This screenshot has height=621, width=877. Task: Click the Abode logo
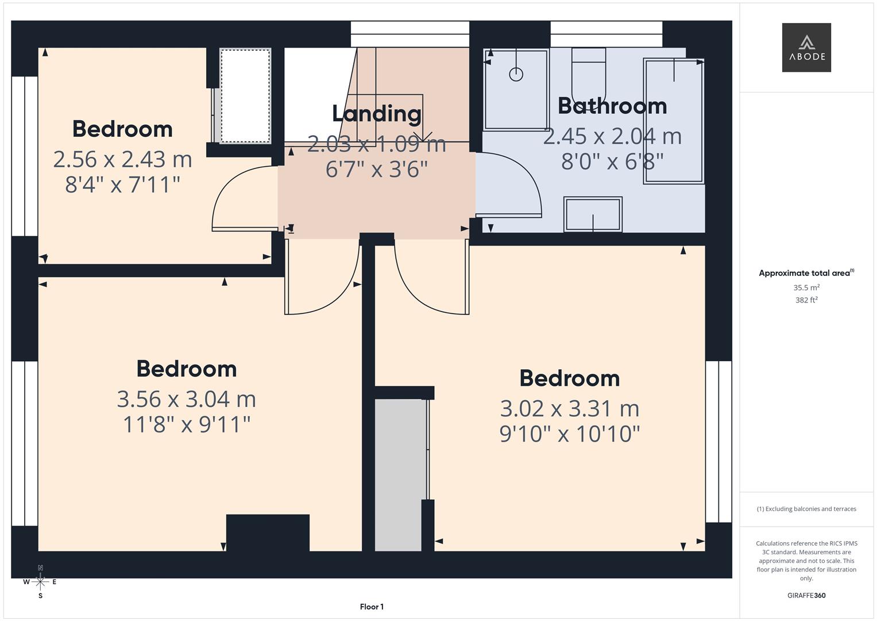coord(806,47)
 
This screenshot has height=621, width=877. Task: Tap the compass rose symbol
coord(40,581)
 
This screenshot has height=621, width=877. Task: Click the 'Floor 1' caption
coord(372,607)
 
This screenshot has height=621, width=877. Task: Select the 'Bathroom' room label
coord(612,106)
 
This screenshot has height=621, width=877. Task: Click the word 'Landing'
coord(377,113)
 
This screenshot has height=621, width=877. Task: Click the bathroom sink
coord(593,214)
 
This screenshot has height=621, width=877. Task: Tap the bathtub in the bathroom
coord(674,121)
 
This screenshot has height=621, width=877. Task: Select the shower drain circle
coord(516,74)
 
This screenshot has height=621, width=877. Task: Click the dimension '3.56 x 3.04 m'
coord(186,398)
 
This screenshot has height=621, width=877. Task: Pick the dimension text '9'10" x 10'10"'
coord(569,434)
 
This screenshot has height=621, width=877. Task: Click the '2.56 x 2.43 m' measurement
coord(122,159)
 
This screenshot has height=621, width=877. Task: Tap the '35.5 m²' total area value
coord(806,287)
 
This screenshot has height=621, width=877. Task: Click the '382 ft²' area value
coord(806,300)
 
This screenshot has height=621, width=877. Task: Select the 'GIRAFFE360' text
coord(806,595)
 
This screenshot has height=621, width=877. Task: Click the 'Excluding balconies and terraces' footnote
coord(806,509)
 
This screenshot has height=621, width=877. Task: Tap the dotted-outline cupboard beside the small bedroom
coord(245,96)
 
